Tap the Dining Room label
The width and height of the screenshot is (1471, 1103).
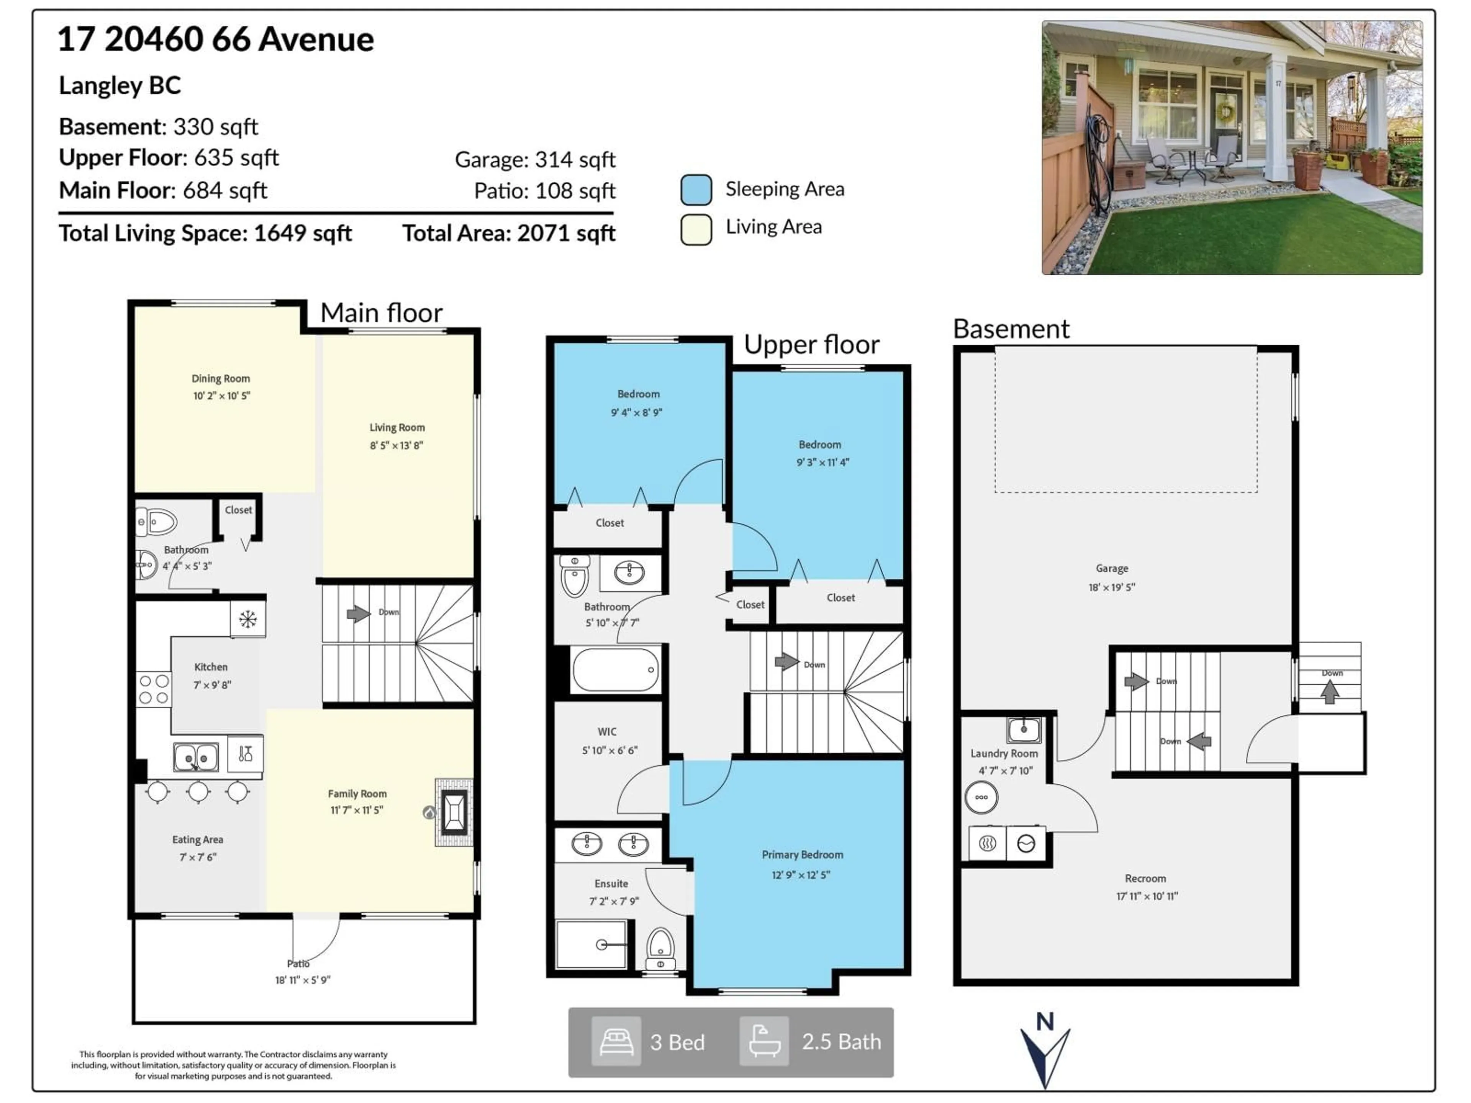pos(221,378)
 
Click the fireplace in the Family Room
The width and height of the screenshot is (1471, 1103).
pos(454,812)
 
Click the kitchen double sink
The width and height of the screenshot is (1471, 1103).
pos(195,757)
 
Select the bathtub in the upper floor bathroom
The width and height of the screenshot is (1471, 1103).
pos(615,669)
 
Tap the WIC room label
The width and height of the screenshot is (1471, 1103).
pos(606,732)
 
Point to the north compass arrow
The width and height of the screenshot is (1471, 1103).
pos(1045,1054)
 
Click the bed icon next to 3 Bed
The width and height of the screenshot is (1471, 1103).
pos(616,1041)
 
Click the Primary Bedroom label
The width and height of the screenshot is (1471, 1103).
pos(802,854)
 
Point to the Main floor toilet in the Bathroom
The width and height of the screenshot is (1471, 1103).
pos(157,522)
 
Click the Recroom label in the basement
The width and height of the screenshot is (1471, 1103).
pos(1145,878)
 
